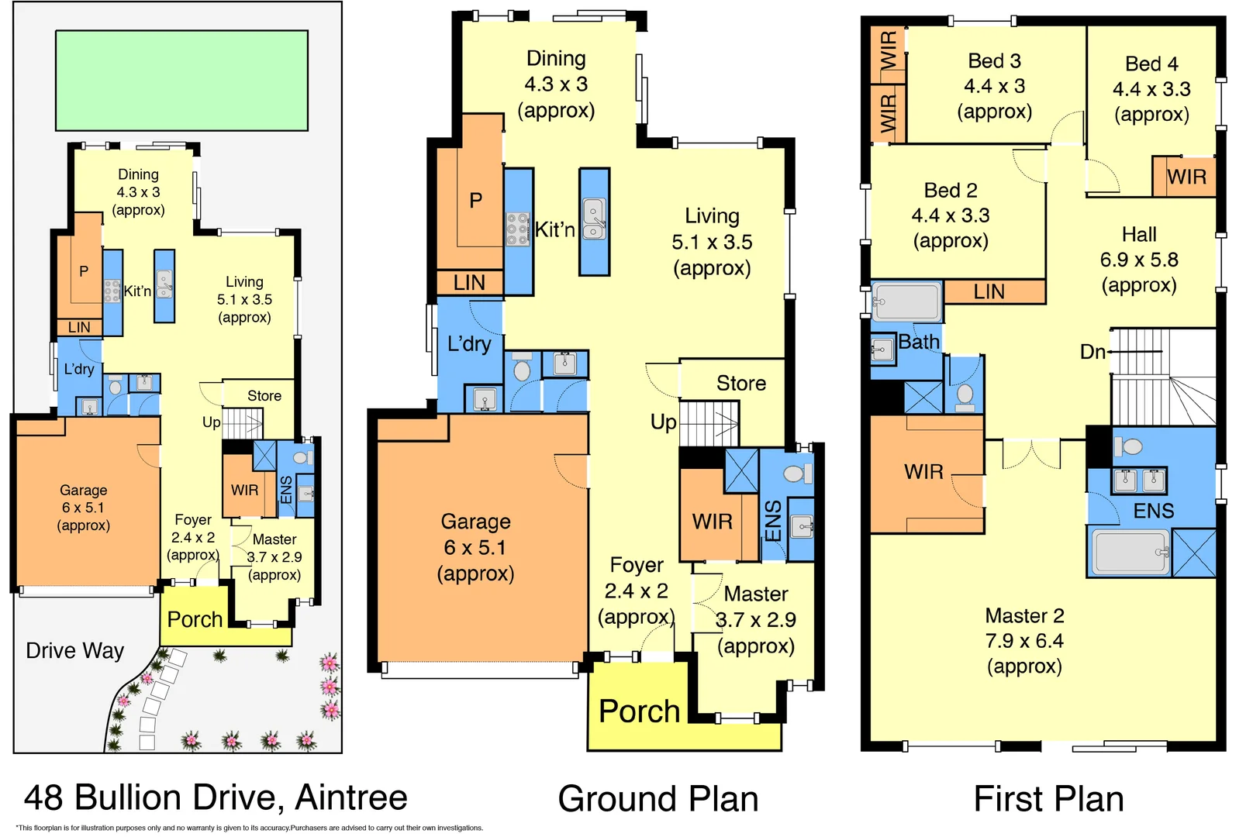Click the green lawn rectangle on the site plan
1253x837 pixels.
pos(181,80)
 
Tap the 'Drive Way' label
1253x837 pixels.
pos(74,651)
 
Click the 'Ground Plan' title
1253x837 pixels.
pos(658,799)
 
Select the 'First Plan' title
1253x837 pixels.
pos(1048,799)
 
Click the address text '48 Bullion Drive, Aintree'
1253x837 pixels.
pos(216,797)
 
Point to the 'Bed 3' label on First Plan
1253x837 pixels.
pos(994,61)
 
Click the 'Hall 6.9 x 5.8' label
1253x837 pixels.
pos(1138,260)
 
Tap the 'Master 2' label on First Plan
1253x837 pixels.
pos(1024,616)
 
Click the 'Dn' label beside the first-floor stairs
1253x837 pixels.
pos(1092,353)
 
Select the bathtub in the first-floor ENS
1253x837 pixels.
pos(1130,552)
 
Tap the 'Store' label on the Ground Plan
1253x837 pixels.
pos(740,384)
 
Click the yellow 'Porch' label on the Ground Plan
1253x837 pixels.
pos(639,711)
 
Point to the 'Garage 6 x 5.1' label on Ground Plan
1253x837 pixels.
pos(475,547)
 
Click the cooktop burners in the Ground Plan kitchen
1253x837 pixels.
pos(517,230)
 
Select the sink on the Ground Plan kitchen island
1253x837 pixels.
pos(594,219)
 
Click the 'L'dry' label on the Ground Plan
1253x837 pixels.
pos(469,344)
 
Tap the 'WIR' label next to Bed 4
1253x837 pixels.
pos(1186,177)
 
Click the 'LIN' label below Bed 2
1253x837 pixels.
pos(989,292)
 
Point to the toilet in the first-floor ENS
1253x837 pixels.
pos(1130,447)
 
